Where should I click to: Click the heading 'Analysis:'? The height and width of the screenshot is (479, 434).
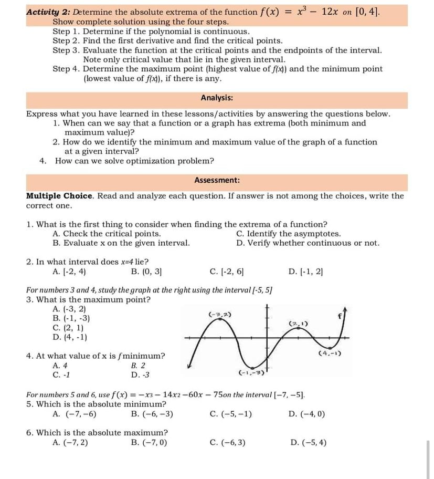pyautogui.click(x=217, y=98)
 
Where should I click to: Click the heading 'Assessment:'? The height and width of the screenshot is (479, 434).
pyautogui.click(x=217, y=180)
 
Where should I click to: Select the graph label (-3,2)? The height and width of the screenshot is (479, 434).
pyautogui.click(x=218, y=314)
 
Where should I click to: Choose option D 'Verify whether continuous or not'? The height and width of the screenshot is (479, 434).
pyautogui.click(x=308, y=243)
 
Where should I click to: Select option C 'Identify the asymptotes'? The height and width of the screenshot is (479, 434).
pyautogui.click(x=289, y=234)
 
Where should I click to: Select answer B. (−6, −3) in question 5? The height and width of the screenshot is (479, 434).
pyautogui.click(x=152, y=413)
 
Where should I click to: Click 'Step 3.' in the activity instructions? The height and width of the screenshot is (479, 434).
pyautogui.click(x=67, y=50)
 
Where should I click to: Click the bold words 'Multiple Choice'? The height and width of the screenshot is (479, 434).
pyautogui.click(x=59, y=196)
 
